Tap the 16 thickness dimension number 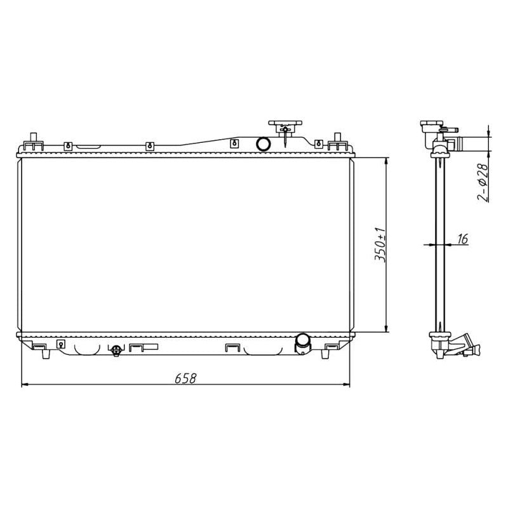[x=462, y=239]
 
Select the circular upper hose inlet [x=263, y=144]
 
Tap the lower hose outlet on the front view [x=302, y=343]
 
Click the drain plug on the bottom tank [x=116, y=350]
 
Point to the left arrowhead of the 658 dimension [x=25, y=385]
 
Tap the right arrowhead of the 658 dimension [x=347, y=385]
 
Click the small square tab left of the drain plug [x=61, y=344]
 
